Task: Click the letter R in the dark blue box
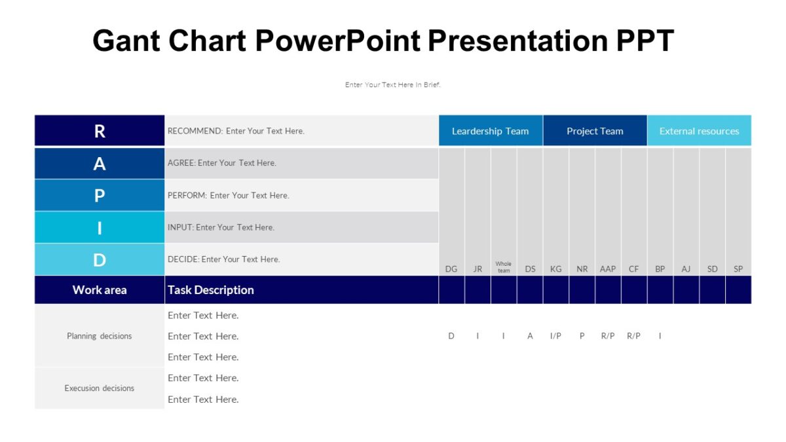coord(100,131)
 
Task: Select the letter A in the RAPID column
coord(100,163)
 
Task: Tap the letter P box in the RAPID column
coord(100,195)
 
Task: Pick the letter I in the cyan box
coord(100,227)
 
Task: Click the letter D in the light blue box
coord(100,259)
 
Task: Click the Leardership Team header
coord(490,131)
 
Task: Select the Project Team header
coord(595,131)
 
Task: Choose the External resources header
coord(699,131)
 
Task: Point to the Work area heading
coord(100,289)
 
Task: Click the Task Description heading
coord(210,289)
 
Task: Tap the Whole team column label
coord(503,267)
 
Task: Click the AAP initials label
coord(608,268)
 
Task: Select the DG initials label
coord(451,268)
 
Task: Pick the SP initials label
coord(738,268)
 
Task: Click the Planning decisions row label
coord(100,336)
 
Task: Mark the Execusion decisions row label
coord(100,388)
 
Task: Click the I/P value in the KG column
coord(555,336)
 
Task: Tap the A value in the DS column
coord(530,336)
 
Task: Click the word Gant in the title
coord(126,41)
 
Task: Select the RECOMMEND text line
coord(236,131)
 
